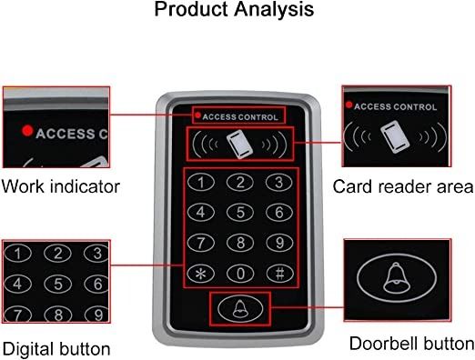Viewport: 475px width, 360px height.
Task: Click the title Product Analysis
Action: [x=234, y=11]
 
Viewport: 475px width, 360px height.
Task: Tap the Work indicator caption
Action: [x=61, y=187]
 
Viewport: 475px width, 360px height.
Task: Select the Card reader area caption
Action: [x=402, y=187]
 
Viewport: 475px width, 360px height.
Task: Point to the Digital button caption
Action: [x=56, y=348]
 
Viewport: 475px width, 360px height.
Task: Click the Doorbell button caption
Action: [x=412, y=344]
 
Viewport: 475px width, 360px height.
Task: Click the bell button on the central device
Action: [x=238, y=309]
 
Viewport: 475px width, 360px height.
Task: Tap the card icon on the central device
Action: [x=238, y=143]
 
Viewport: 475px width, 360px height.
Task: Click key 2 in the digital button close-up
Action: [x=57, y=253]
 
